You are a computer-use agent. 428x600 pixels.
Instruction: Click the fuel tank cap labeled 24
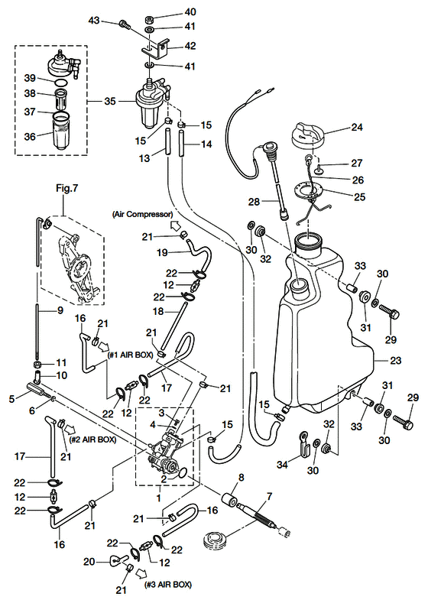[x=308, y=137]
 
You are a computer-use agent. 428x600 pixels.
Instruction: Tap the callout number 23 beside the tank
[x=395, y=360]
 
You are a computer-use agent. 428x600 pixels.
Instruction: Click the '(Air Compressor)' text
[x=142, y=214]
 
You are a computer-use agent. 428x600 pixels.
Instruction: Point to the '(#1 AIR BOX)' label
[x=131, y=355]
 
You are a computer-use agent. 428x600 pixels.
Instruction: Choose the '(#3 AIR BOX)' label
[x=168, y=584]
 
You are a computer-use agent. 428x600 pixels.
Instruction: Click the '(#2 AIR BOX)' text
[x=93, y=439]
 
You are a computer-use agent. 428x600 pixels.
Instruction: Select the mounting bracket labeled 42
[x=156, y=48]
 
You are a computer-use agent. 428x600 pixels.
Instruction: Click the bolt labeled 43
[x=125, y=24]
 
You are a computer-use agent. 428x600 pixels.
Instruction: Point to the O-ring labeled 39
[x=61, y=83]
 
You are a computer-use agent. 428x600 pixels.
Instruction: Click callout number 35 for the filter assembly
[x=110, y=102]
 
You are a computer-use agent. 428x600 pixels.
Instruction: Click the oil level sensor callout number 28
[x=254, y=201]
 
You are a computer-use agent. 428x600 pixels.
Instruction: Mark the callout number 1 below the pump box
[x=159, y=498]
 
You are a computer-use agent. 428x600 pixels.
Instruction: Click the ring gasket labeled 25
[x=308, y=190]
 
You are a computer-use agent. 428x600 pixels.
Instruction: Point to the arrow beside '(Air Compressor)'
[x=176, y=225]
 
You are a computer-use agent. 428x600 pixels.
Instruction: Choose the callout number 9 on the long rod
[x=60, y=310]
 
